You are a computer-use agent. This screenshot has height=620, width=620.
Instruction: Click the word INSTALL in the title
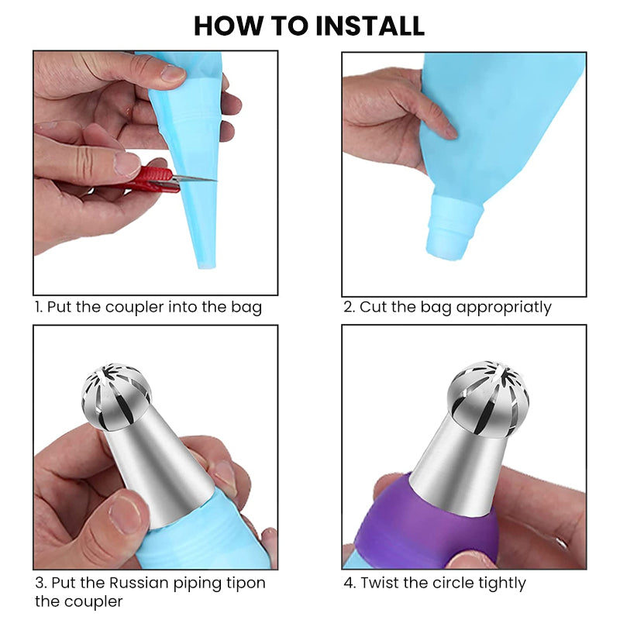click(370, 26)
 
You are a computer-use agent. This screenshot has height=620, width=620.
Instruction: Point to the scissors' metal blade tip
click(216, 181)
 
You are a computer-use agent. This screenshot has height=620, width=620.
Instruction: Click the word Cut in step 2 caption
click(373, 307)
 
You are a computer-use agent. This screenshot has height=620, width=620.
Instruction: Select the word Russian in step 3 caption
click(139, 583)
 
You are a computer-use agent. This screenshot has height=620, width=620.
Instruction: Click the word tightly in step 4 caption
click(501, 584)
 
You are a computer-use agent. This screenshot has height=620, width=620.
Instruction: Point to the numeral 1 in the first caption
click(37, 307)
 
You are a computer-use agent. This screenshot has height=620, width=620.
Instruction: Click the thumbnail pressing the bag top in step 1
click(173, 73)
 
